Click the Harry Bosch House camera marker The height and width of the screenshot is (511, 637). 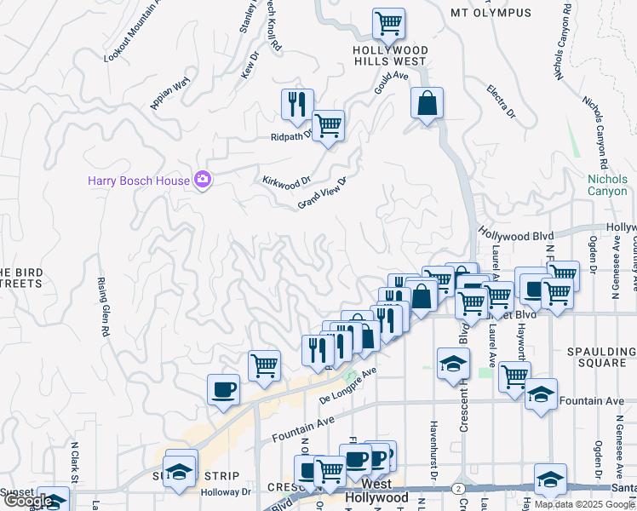(203, 179)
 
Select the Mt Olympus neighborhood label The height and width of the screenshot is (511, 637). (491, 13)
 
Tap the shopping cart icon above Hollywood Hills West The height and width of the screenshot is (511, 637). (388, 22)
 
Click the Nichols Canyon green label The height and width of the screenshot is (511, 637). (607, 185)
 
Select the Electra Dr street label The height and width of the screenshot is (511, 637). (502, 100)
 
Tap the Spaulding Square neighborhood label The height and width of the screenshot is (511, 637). (602, 358)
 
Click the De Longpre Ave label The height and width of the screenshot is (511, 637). (347, 386)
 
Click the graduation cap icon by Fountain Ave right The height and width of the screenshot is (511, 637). (541, 394)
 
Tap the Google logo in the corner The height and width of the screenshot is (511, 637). (27, 502)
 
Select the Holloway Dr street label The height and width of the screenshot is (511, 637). (226, 491)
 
